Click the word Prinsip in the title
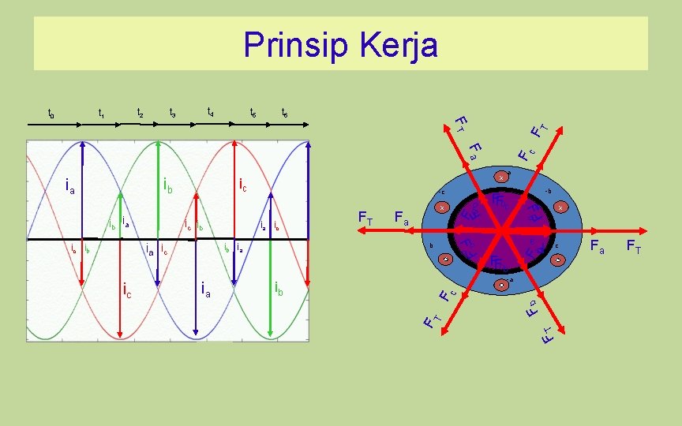point(287,45)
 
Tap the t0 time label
point(51,114)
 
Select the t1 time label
point(101,113)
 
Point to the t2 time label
point(140,113)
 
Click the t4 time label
point(209,112)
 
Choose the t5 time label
point(253,114)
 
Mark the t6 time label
point(284,114)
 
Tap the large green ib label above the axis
point(168,186)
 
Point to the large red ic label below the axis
point(128,290)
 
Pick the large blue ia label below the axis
point(205,290)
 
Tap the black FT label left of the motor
point(366,217)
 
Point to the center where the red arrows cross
point(500,230)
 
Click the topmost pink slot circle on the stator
point(500,177)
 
